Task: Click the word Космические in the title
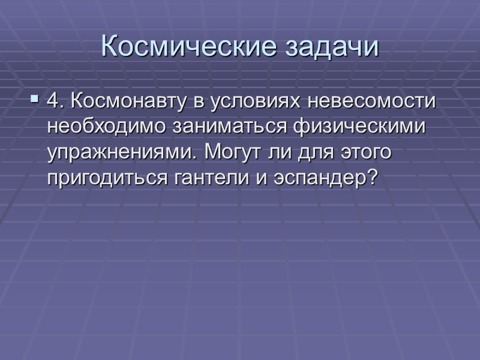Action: (181, 46)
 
